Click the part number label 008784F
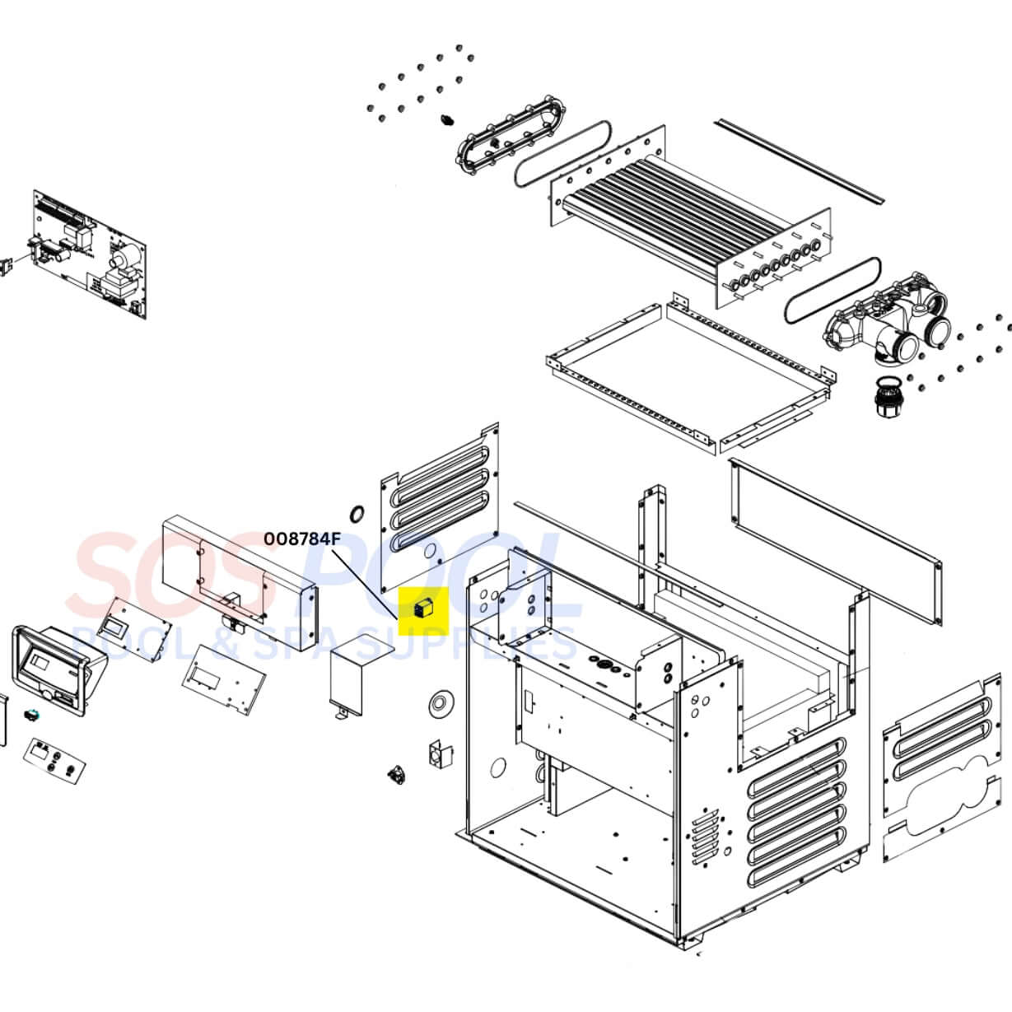point(301,539)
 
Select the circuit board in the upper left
point(91,254)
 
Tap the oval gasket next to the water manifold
point(831,288)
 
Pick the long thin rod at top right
point(799,160)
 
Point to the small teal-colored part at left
point(33,713)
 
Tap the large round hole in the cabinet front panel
point(498,768)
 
